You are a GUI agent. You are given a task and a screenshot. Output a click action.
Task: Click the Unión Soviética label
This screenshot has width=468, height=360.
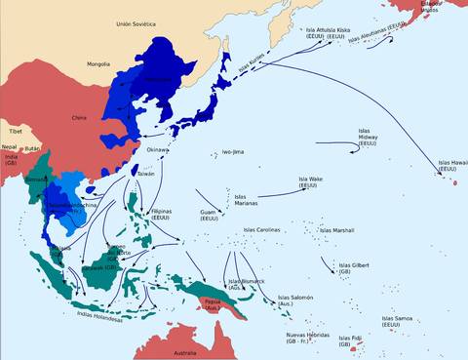136,22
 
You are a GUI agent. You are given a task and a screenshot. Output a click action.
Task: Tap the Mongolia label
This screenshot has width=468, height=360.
98,64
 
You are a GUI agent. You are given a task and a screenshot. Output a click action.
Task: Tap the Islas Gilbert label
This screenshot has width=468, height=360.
353,268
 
